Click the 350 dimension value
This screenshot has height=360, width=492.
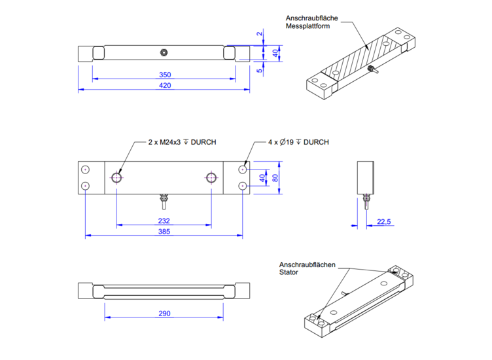[x=164, y=75]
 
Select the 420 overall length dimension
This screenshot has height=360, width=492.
[x=164, y=85]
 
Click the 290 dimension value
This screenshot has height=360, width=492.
[x=164, y=314]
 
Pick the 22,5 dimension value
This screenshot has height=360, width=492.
[x=384, y=223]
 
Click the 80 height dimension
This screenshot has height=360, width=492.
[x=275, y=177]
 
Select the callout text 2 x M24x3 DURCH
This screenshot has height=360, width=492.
[x=182, y=142]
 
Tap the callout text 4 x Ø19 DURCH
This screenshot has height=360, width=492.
[x=298, y=142]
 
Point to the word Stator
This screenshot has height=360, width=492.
[x=289, y=272]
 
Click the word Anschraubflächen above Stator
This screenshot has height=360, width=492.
[x=307, y=264]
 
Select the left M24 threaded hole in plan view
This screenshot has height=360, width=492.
[x=116, y=177]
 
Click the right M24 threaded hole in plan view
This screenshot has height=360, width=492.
[x=211, y=177]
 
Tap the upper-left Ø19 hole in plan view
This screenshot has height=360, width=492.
[x=86, y=170]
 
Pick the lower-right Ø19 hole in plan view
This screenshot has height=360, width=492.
[x=242, y=186]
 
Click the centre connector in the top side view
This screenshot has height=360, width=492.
[x=164, y=51]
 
